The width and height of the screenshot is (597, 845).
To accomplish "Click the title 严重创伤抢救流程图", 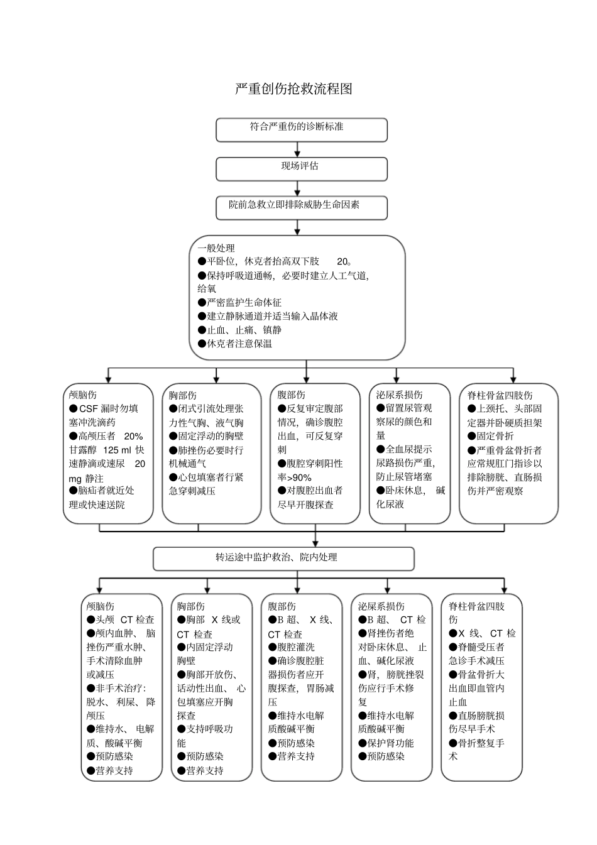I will coord(293,89).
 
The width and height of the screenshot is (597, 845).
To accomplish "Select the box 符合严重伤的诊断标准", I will coord(302,130).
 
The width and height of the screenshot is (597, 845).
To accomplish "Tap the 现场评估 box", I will coord(302,169).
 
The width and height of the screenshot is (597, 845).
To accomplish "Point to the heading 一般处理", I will coord(216,248).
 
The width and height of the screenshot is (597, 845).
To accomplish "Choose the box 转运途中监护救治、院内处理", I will coord(283,558).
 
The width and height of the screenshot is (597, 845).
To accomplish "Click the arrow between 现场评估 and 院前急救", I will coord(299,188).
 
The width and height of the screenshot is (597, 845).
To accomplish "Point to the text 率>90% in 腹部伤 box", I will coord(295,477).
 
